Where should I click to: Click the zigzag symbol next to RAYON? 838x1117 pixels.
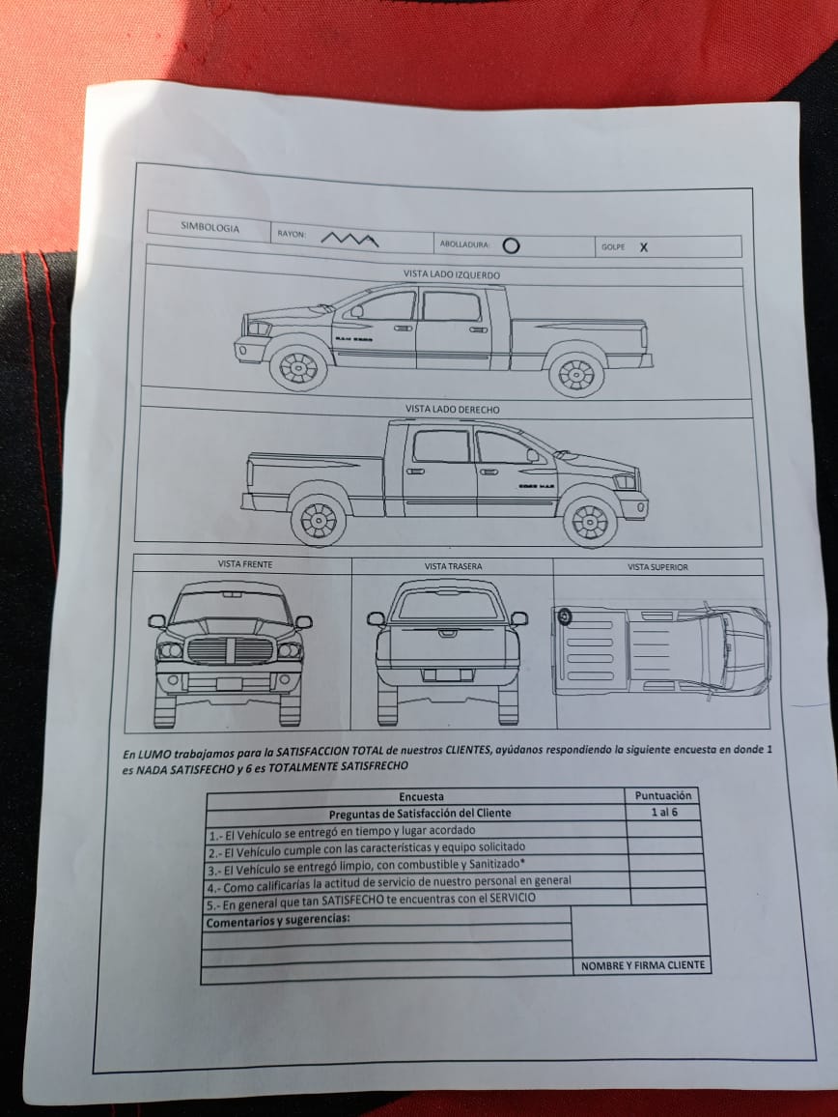349,240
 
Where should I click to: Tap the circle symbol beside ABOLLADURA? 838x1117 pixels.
511,245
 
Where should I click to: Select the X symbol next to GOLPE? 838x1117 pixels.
644,247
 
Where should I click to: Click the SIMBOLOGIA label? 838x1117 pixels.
210,227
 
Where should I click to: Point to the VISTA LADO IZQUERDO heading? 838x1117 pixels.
452,274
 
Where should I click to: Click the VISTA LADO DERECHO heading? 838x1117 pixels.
452,410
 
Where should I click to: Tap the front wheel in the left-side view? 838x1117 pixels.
298,367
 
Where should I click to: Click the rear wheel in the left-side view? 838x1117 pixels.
576,374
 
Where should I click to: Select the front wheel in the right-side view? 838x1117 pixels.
590,522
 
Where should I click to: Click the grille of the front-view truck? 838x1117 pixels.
230,650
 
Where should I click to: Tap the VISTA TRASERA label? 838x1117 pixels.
453,567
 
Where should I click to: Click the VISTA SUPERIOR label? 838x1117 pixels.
657,568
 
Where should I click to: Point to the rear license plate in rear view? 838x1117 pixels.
448,674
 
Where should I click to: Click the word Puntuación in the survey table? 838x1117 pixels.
663,796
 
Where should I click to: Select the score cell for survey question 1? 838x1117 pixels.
663,829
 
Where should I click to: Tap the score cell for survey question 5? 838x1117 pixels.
668,896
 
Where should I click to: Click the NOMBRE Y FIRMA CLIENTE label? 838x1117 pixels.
643,966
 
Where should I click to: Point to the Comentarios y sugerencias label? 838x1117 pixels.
278,921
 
